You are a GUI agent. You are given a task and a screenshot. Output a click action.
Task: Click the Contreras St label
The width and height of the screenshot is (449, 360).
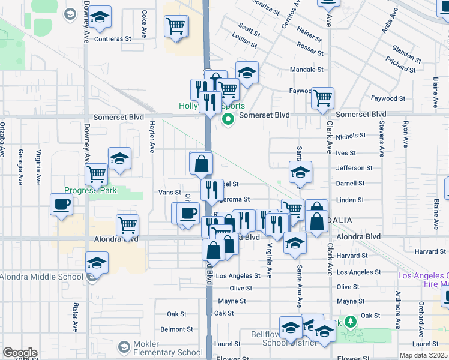coord(112,39)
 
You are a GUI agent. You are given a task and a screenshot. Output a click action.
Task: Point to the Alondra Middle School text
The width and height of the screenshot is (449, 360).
coord(41,277)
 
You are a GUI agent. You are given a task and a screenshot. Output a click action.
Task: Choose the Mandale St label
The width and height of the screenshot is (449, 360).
coord(306,70)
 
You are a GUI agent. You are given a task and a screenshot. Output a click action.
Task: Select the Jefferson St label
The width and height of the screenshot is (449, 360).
coord(354,168)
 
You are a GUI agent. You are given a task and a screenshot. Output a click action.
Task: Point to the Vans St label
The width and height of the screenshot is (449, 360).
coord(169,193)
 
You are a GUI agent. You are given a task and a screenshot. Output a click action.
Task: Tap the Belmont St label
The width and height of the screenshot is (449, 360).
coord(176,329)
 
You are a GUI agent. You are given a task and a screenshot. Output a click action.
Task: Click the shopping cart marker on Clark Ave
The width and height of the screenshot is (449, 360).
coord(323,97)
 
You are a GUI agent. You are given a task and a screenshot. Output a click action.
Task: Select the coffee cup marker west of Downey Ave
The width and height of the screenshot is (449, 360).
coord(62,204)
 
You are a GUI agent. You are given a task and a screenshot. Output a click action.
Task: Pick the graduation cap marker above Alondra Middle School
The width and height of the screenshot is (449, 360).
coord(96,263)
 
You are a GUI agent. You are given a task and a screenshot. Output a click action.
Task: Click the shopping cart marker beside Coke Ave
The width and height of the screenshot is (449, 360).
coord(175,26)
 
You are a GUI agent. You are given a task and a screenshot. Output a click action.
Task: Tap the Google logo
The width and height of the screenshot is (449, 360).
coord(20,353)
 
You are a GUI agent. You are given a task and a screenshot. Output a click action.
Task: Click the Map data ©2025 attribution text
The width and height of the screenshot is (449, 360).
coord(423,355)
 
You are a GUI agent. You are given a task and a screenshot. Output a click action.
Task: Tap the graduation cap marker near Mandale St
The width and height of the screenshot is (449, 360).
coord(246,72)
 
